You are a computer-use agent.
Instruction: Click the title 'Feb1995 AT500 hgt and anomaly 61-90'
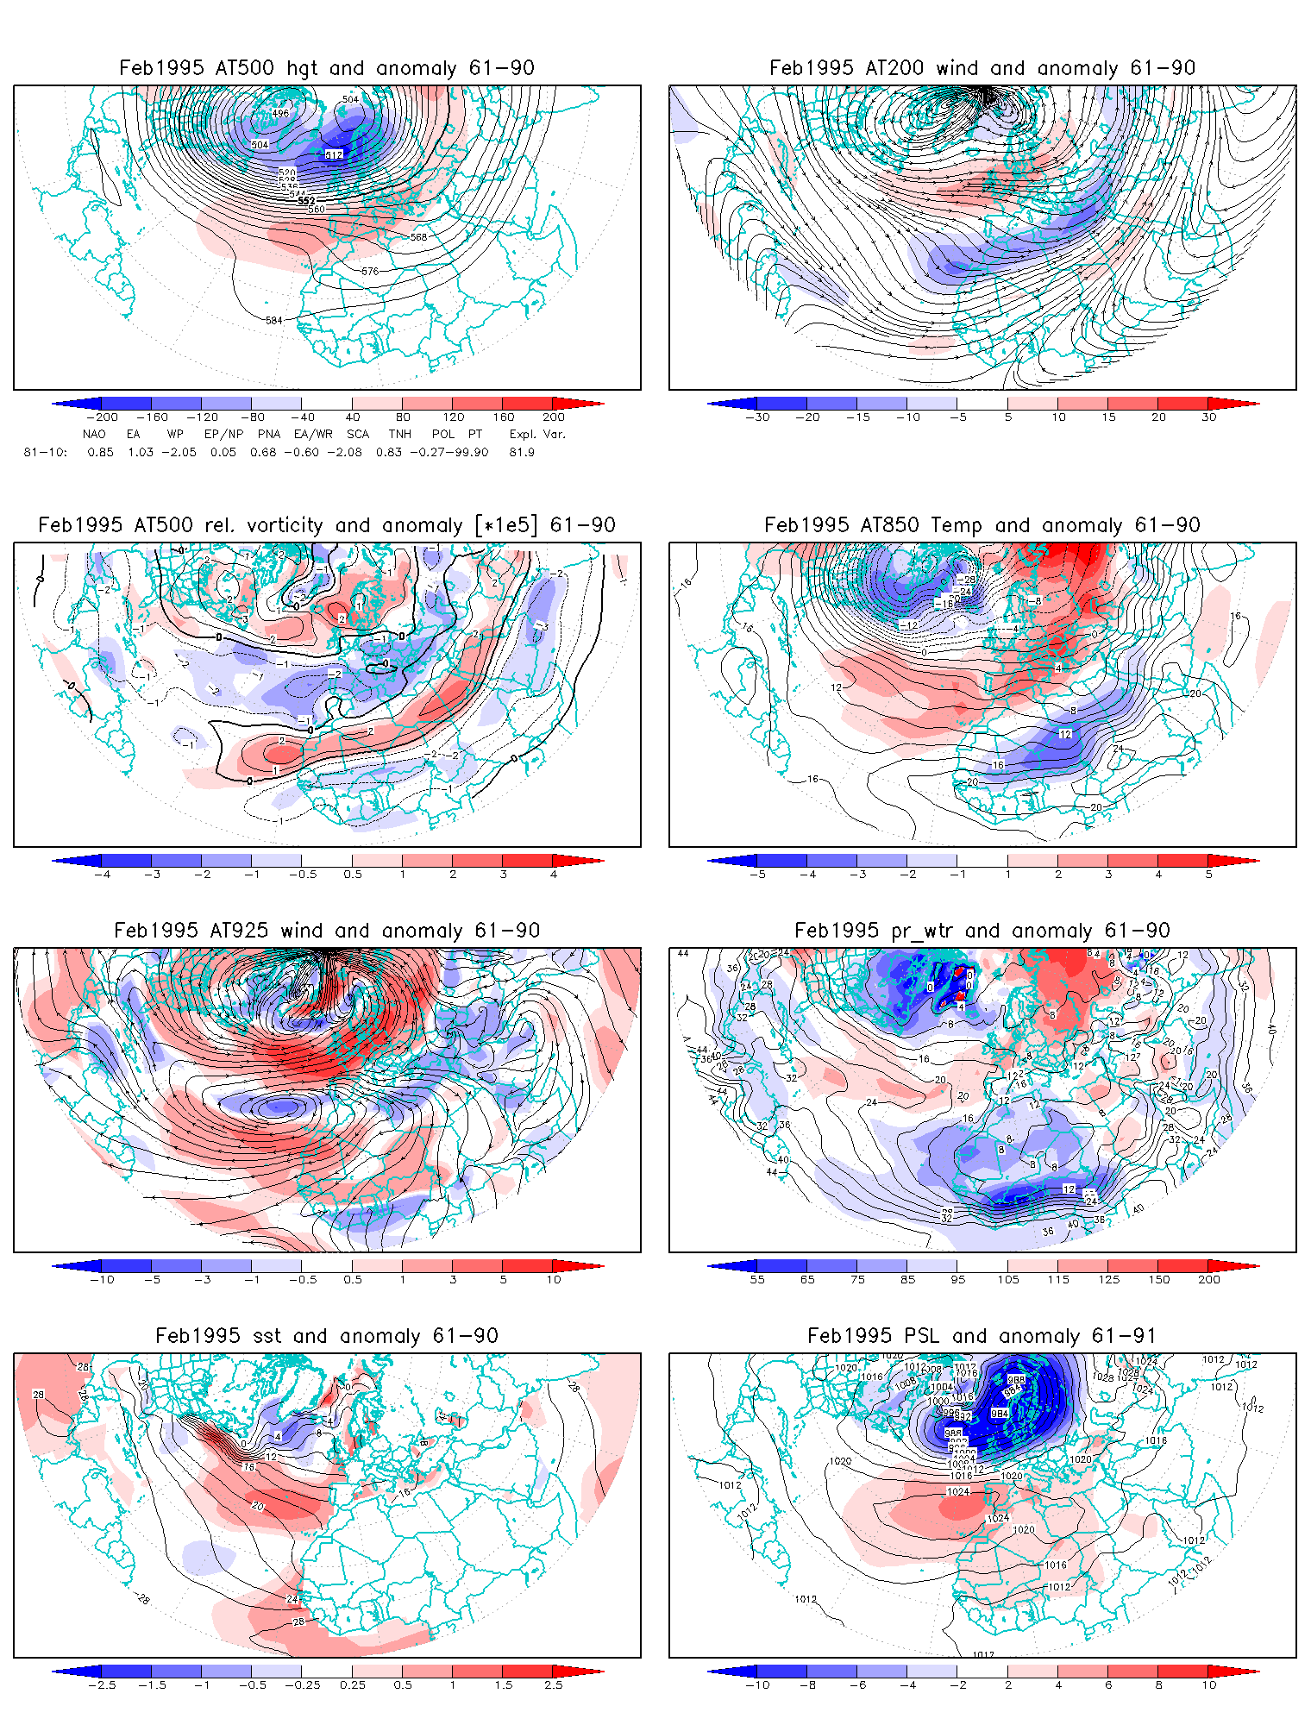tap(326, 68)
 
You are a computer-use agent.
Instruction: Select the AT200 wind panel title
tap(982, 68)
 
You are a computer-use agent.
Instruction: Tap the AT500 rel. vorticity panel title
tap(326, 525)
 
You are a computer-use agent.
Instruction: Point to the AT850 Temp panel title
tap(982, 525)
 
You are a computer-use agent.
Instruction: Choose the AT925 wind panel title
tap(326, 931)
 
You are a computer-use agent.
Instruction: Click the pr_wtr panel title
tap(982, 931)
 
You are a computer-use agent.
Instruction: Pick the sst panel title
tap(326, 1336)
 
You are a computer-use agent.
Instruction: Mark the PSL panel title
tap(982, 1336)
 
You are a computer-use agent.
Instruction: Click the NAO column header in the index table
tap(94, 434)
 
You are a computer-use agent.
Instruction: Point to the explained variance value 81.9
tap(522, 452)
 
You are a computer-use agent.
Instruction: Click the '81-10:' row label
tap(45, 452)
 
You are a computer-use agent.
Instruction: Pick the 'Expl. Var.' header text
tap(536, 434)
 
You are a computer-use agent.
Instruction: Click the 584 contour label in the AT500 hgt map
tap(273, 320)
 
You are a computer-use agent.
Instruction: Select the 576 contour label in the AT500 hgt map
tap(370, 271)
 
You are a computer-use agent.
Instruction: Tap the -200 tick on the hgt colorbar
tap(102, 417)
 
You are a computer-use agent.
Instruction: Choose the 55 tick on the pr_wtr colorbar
tap(757, 1279)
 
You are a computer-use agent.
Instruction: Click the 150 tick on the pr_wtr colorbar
tap(1158, 1279)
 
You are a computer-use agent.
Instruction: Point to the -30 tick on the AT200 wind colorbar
tap(757, 417)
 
